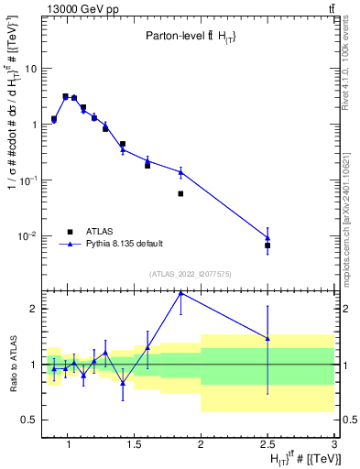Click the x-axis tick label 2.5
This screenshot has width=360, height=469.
(267, 445)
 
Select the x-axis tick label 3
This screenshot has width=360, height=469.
(333, 445)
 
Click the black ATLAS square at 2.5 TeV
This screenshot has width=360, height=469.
(267, 245)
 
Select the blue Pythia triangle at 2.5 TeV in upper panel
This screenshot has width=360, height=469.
(267, 238)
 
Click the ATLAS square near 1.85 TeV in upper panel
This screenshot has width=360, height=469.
(180, 193)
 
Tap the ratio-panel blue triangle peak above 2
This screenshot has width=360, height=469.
(180, 293)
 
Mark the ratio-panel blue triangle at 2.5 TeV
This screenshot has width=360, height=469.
(267, 338)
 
